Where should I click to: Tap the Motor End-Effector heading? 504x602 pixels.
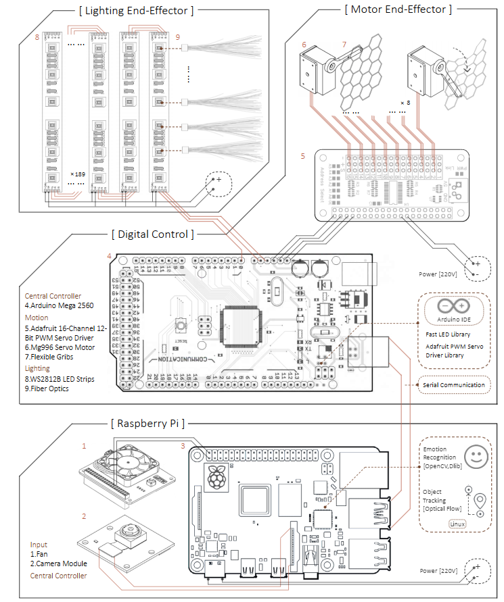point(397,9)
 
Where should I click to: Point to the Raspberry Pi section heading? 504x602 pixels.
point(148,424)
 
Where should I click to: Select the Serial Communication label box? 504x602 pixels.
point(453,385)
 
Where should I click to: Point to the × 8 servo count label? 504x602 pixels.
point(405,103)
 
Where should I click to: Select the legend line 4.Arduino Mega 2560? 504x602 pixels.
point(60,305)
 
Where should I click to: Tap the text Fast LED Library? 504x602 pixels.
point(449,334)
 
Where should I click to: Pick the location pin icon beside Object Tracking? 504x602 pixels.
point(480,502)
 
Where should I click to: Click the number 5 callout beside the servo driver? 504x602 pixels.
point(304,155)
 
